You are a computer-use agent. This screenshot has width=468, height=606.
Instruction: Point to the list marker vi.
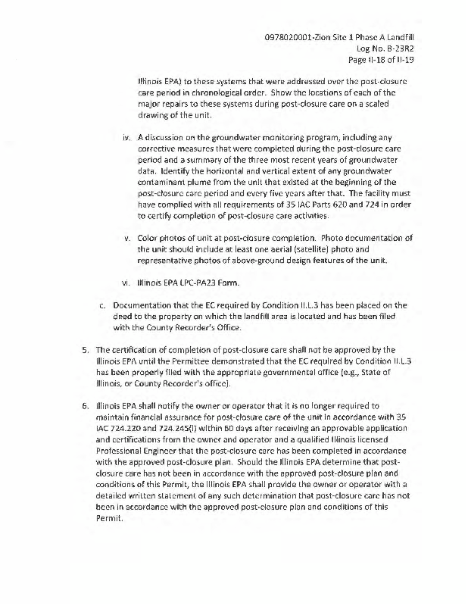click(x=128, y=284)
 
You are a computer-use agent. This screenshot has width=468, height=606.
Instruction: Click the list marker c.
click(x=103, y=306)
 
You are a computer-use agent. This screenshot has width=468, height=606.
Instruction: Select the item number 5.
click(x=85, y=350)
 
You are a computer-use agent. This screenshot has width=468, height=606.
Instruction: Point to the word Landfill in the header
click(x=405, y=36)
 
